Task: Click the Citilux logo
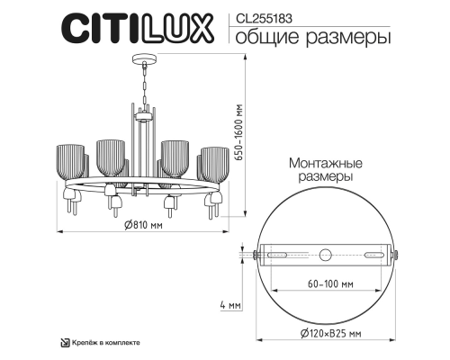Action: tap(135, 27)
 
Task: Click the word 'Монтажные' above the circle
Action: tap(325, 164)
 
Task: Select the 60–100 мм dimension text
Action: tap(327, 283)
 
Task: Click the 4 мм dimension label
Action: tap(230, 306)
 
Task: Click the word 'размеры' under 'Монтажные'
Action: tap(326, 178)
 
